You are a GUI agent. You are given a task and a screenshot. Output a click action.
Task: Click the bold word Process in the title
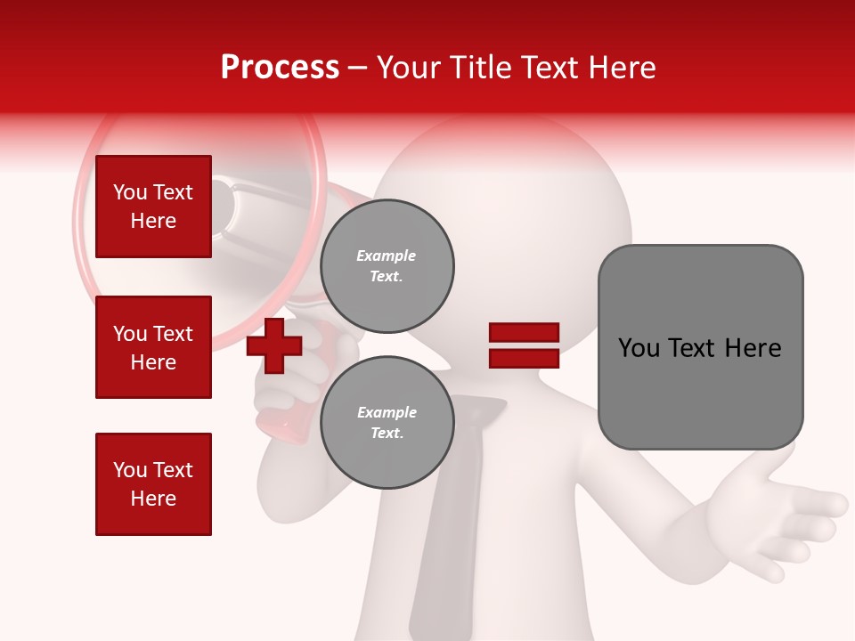pyautogui.click(x=280, y=68)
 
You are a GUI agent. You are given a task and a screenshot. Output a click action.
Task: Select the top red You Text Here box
pyautogui.click(x=153, y=207)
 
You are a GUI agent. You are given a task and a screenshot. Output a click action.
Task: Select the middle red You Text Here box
pyautogui.click(x=153, y=347)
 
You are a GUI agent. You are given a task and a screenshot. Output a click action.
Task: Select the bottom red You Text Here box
pyautogui.click(x=153, y=484)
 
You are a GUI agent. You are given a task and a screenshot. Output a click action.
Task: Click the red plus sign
pyautogui.click(x=274, y=345)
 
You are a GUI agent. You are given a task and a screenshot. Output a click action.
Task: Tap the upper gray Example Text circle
pyautogui.click(x=387, y=266)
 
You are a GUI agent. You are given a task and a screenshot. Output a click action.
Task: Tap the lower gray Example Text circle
pyautogui.click(x=387, y=423)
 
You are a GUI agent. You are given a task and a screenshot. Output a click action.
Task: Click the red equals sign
pyautogui.click(x=524, y=345)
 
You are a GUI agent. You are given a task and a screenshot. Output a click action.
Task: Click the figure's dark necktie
pyautogui.click(x=454, y=534)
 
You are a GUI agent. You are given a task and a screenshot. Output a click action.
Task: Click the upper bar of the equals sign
pyautogui.click(x=524, y=333)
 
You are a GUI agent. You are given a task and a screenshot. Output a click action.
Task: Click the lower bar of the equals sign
pyautogui.click(x=524, y=358)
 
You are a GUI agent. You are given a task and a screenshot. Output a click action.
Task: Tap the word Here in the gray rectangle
pyautogui.click(x=753, y=348)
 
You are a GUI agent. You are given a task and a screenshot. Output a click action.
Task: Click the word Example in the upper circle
pyautogui.click(x=387, y=256)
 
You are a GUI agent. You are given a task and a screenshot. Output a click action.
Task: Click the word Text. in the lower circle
pyautogui.click(x=387, y=433)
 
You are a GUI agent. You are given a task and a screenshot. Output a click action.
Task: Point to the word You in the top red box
pyautogui.click(x=130, y=192)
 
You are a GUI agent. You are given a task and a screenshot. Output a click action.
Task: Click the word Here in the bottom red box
pyautogui.click(x=153, y=499)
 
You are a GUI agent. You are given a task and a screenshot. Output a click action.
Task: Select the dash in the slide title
pyautogui.click(x=358, y=68)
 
